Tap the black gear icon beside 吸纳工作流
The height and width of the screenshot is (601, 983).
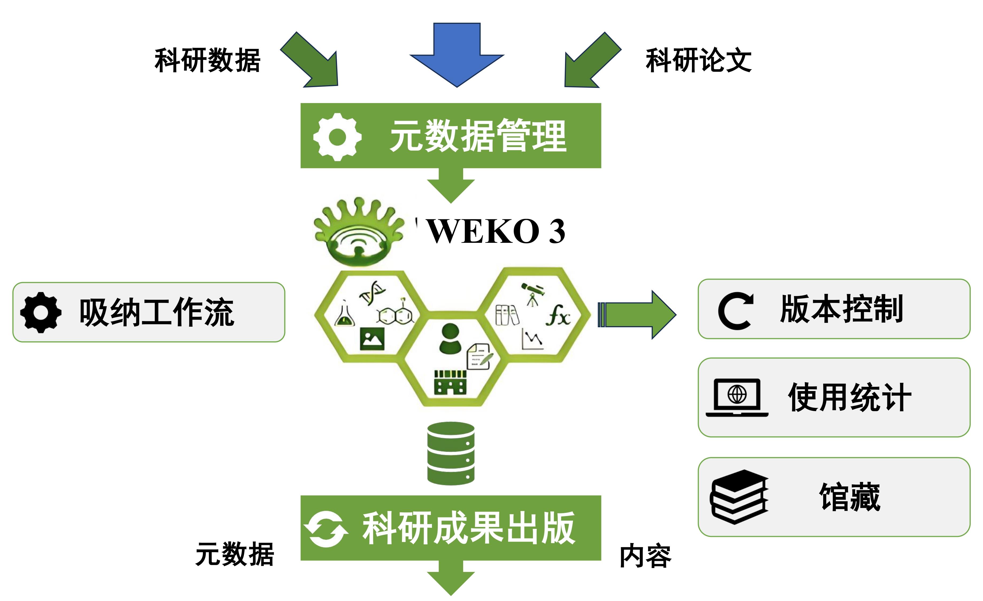[41, 312]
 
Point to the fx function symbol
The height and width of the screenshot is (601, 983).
[558, 316]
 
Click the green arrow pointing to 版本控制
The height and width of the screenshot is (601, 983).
[637, 315]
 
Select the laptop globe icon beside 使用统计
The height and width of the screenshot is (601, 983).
[737, 397]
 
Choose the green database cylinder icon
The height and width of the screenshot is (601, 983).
[451, 454]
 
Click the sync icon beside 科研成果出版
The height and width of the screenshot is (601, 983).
[326, 529]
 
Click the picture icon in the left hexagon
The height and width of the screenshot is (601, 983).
[372, 339]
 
